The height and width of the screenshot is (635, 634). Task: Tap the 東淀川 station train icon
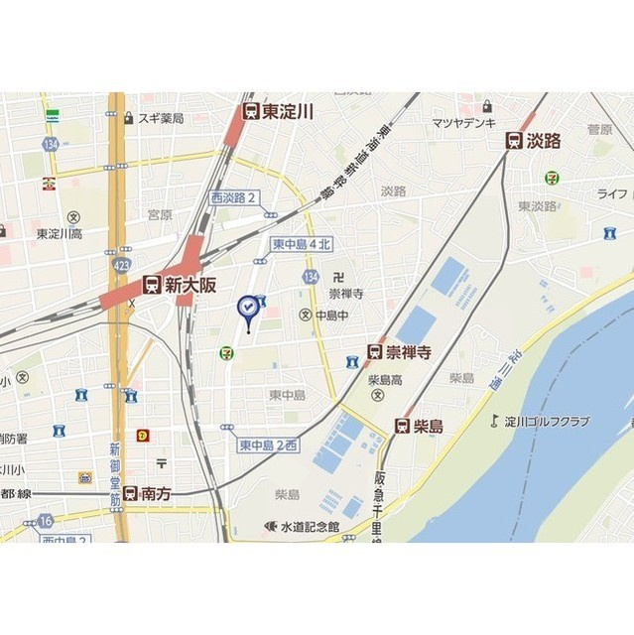click(251, 112)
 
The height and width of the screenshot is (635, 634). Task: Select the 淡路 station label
click(544, 141)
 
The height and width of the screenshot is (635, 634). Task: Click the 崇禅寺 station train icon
click(374, 352)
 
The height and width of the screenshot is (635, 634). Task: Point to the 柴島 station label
click(428, 426)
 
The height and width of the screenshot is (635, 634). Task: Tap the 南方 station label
click(156, 492)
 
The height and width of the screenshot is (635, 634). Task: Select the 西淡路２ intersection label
click(233, 197)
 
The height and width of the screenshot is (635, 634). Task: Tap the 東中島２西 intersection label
click(268, 445)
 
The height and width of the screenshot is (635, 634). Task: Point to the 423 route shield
click(121, 266)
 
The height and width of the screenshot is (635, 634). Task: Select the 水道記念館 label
click(309, 526)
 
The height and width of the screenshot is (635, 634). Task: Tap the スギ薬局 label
click(161, 118)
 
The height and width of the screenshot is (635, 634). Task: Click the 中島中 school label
click(331, 316)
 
